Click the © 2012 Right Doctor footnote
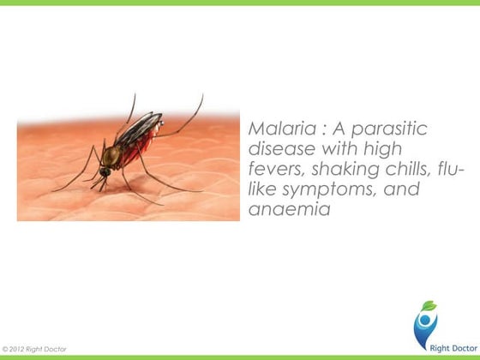[x=37, y=349]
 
